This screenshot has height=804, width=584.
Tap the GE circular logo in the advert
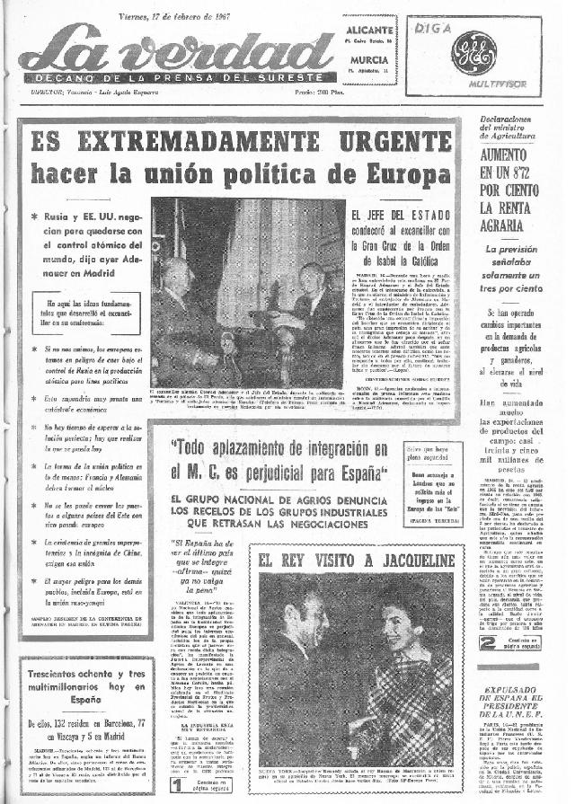[473, 52]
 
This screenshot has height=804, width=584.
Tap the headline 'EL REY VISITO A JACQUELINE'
[355, 561]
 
